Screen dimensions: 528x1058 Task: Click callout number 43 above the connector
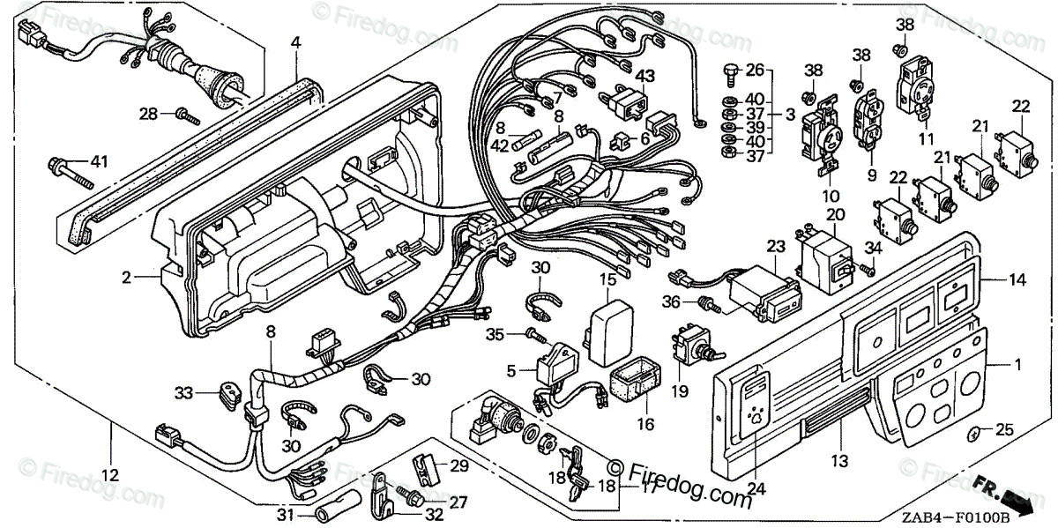[646, 78]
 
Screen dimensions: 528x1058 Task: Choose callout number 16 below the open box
[645, 423]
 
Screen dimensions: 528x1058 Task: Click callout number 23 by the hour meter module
[776, 247]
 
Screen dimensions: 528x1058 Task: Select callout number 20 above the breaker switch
[835, 214]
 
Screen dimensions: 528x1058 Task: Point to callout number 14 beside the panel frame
[1017, 279]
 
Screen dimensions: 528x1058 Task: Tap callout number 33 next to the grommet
[183, 392]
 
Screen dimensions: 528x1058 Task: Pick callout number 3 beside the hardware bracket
[791, 114]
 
